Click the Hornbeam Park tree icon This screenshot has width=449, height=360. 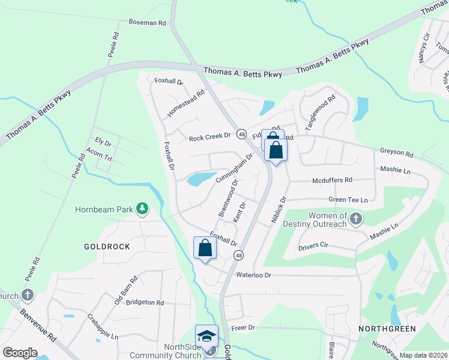click(x=142, y=209)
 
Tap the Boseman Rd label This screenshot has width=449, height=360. click(x=147, y=22)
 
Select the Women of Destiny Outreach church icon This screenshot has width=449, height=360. click(x=355, y=218)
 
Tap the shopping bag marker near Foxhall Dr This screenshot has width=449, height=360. click(x=205, y=248)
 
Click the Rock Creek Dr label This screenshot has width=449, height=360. click(x=209, y=137)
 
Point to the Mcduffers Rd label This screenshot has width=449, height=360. click(x=332, y=180)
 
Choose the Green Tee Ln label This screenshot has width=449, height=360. click(x=348, y=199)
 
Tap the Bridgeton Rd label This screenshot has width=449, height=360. click(x=145, y=302)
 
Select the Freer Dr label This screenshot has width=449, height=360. click(x=243, y=328)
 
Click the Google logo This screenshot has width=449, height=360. click(x=20, y=352)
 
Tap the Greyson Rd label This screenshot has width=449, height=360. click(x=397, y=154)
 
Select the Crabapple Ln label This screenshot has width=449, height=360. click(x=102, y=326)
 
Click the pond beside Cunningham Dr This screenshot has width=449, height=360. click(x=201, y=178)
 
